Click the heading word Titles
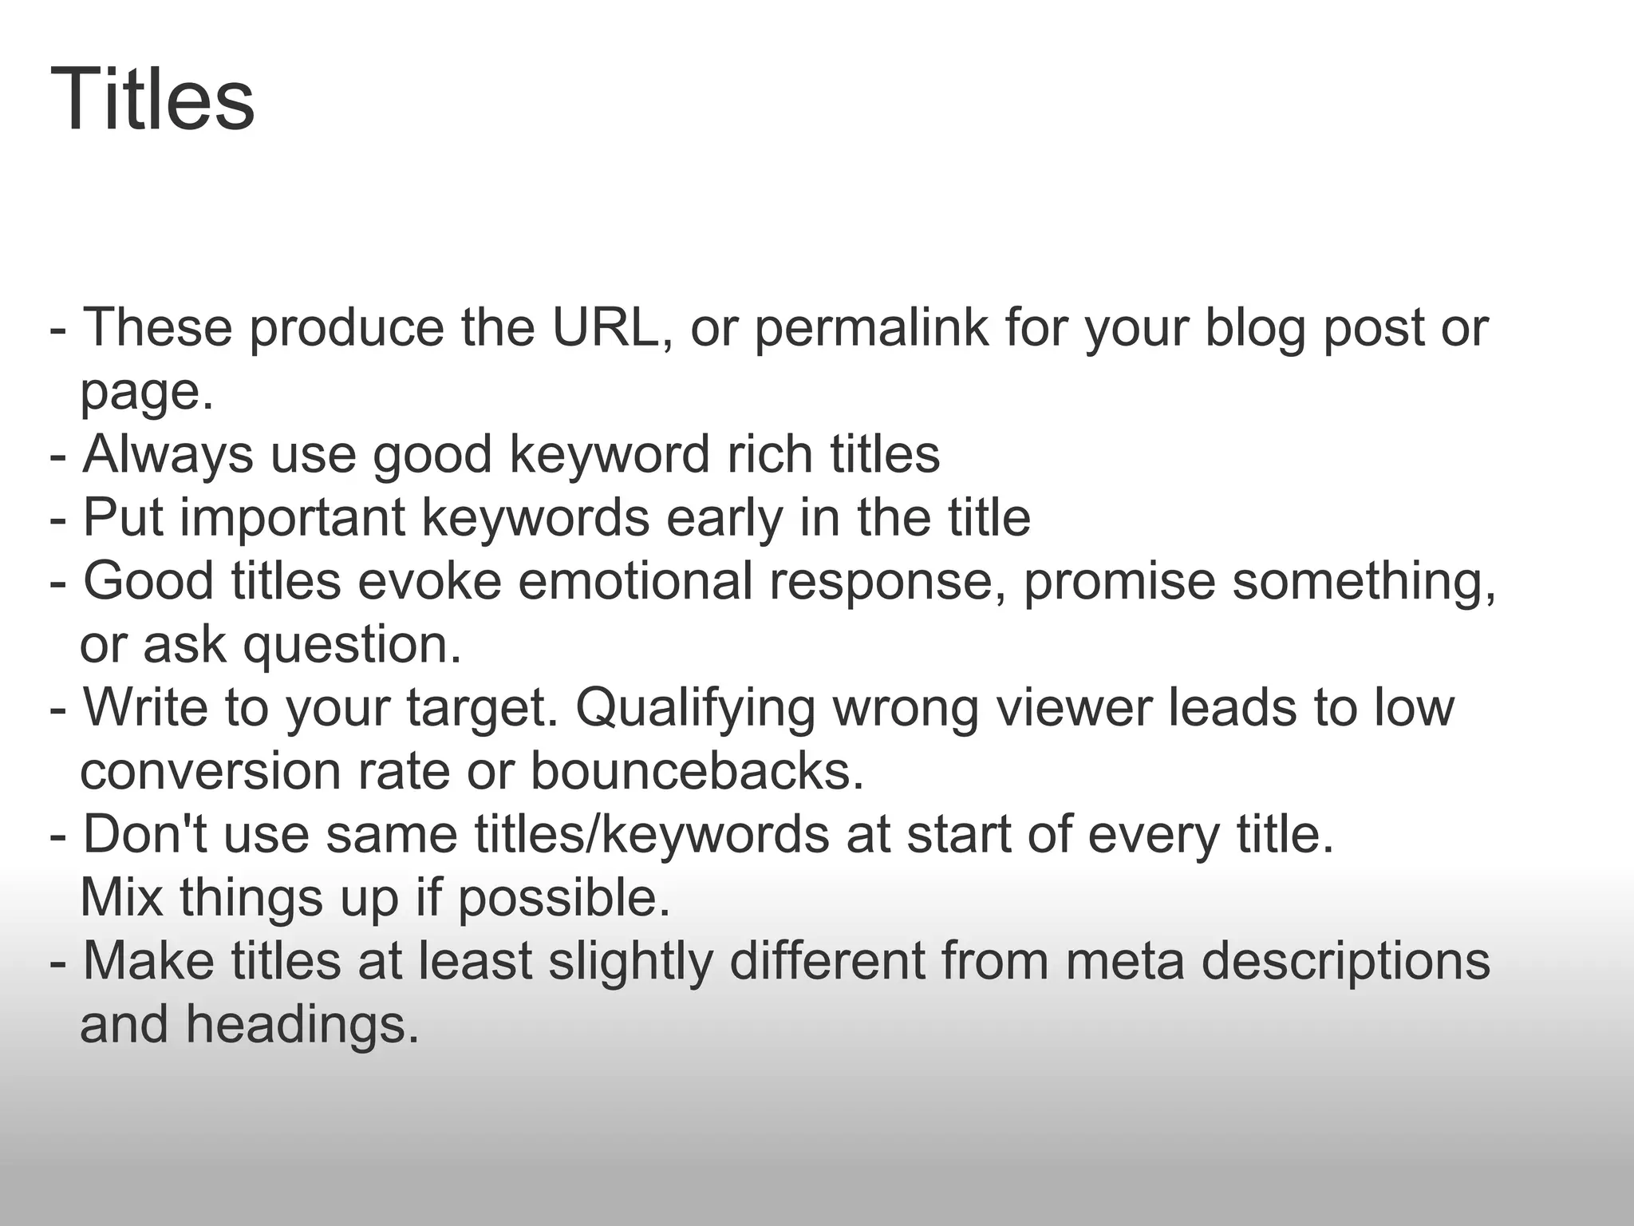click(x=152, y=101)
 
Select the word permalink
click(x=870, y=327)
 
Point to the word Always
click(x=168, y=454)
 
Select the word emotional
click(x=635, y=580)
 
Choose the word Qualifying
click(x=695, y=707)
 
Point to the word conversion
click(x=210, y=771)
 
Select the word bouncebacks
click(x=697, y=771)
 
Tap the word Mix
click(x=121, y=897)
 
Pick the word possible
click(x=563, y=899)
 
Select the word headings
click(x=302, y=1025)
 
